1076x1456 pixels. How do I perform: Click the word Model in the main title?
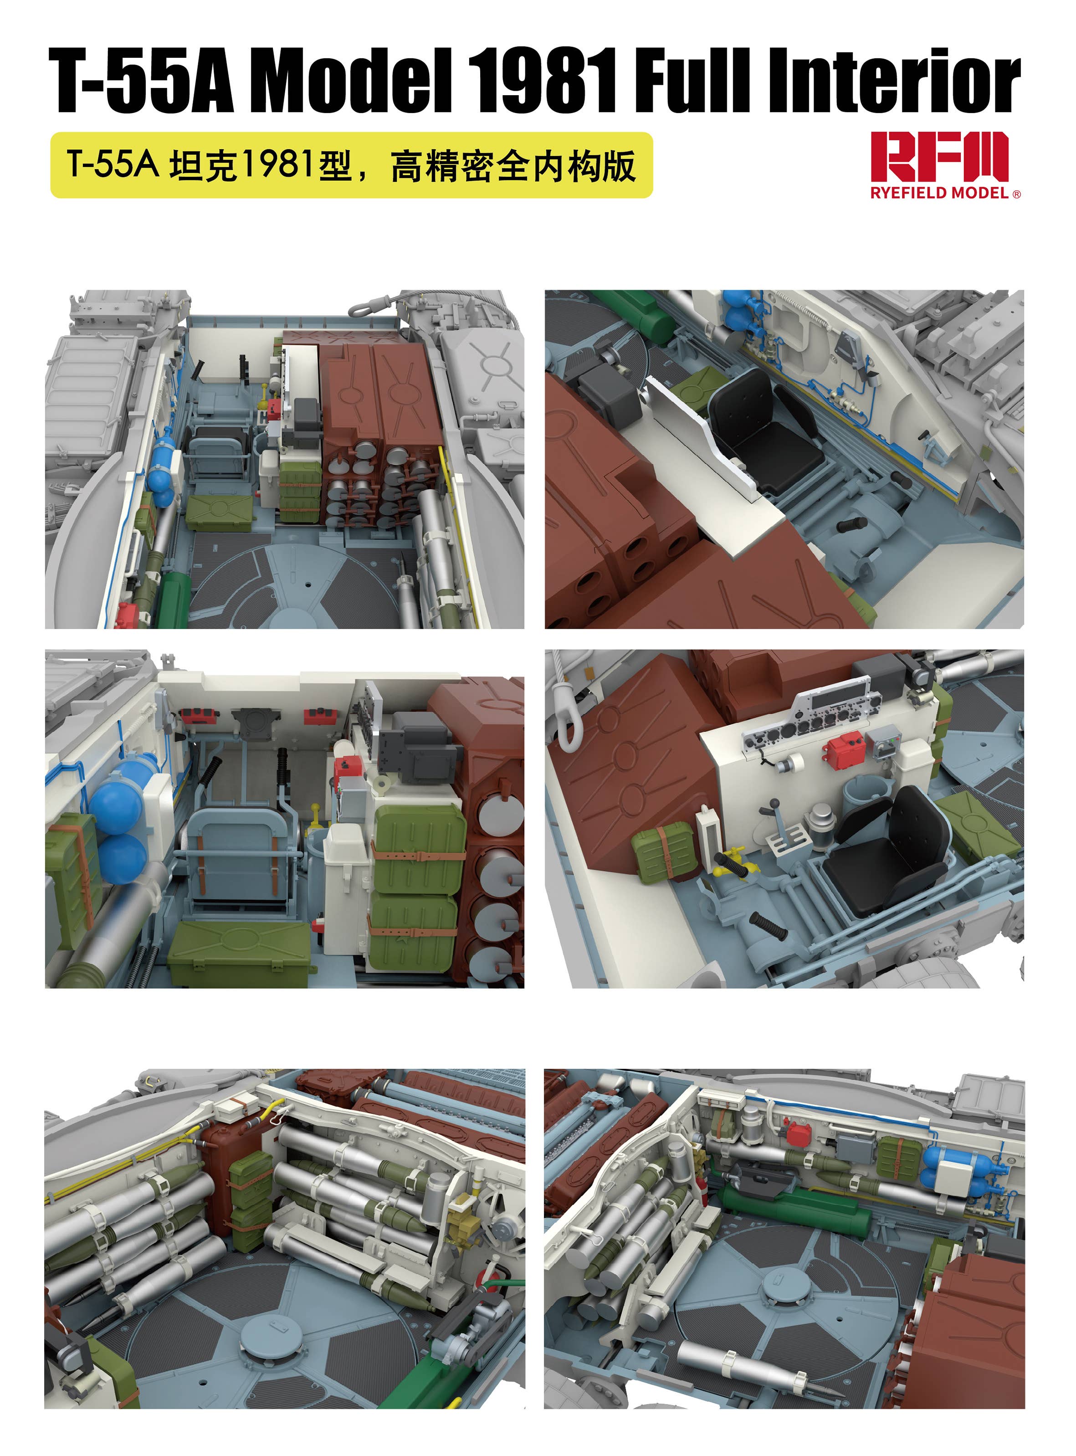[x=352, y=82]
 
